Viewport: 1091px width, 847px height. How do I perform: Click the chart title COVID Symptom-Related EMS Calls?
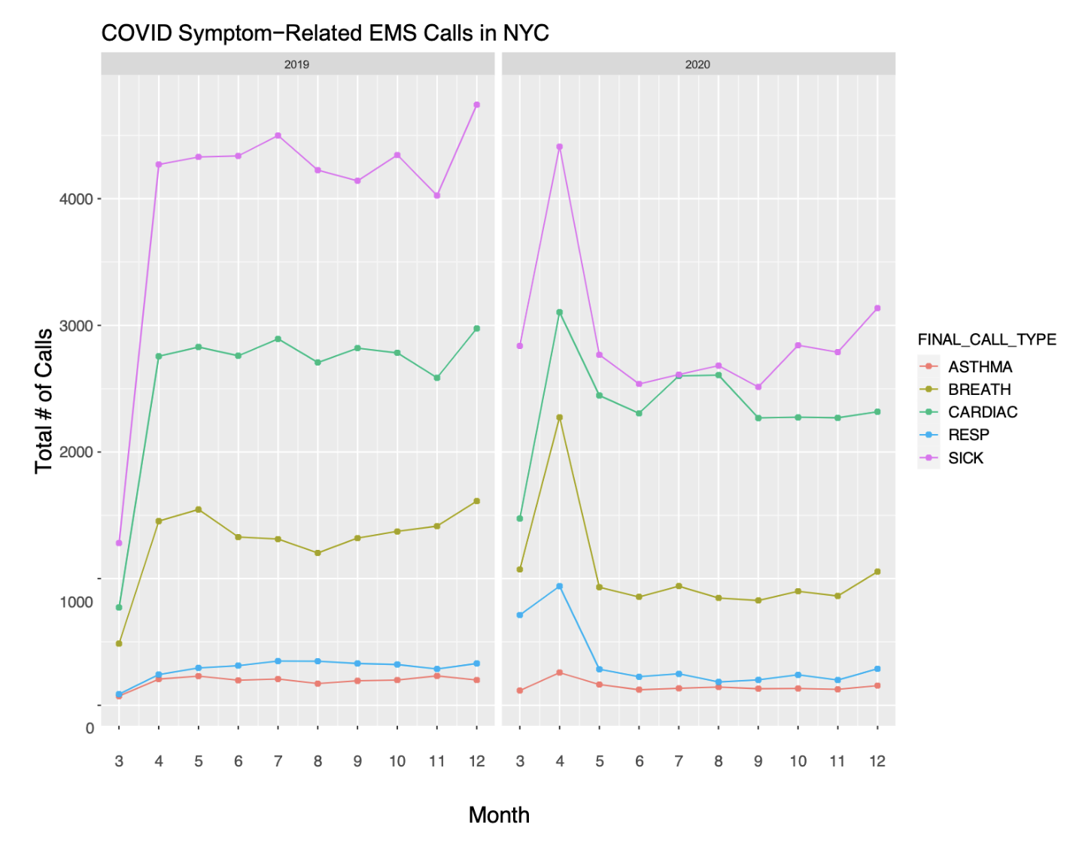tap(324, 33)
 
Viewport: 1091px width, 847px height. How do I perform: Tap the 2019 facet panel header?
tap(296, 64)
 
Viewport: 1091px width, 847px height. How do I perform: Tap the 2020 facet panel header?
tap(697, 64)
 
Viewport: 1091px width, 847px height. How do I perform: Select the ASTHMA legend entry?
tap(980, 367)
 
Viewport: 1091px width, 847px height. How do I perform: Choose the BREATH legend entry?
tap(979, 390)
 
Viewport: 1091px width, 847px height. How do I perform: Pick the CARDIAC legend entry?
tap(982, 412)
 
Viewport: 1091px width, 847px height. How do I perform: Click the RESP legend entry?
tap(968, 435)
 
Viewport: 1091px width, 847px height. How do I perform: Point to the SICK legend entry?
tap(965, 458)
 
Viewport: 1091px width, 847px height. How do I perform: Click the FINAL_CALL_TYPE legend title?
tap(986, 339)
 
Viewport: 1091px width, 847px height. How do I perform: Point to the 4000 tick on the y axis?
tap(76, 199)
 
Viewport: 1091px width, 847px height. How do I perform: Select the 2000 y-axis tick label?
tap(76, 452)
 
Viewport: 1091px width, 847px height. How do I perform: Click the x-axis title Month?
tap(499, 815)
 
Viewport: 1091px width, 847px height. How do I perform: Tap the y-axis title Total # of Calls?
tap(44, 400)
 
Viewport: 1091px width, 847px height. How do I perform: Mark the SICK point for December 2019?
tap(477, 105)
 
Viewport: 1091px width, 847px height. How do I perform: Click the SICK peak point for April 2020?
tap(560, 147)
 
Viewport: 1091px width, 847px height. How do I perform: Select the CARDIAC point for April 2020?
tap(560, 312)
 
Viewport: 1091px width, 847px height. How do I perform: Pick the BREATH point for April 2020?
tap(560, 417)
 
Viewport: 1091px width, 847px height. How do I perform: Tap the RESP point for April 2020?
tap(560, 586)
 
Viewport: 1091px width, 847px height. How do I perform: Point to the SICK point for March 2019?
tap(119, 542)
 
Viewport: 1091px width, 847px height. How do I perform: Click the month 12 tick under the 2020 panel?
tap(877, 761)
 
